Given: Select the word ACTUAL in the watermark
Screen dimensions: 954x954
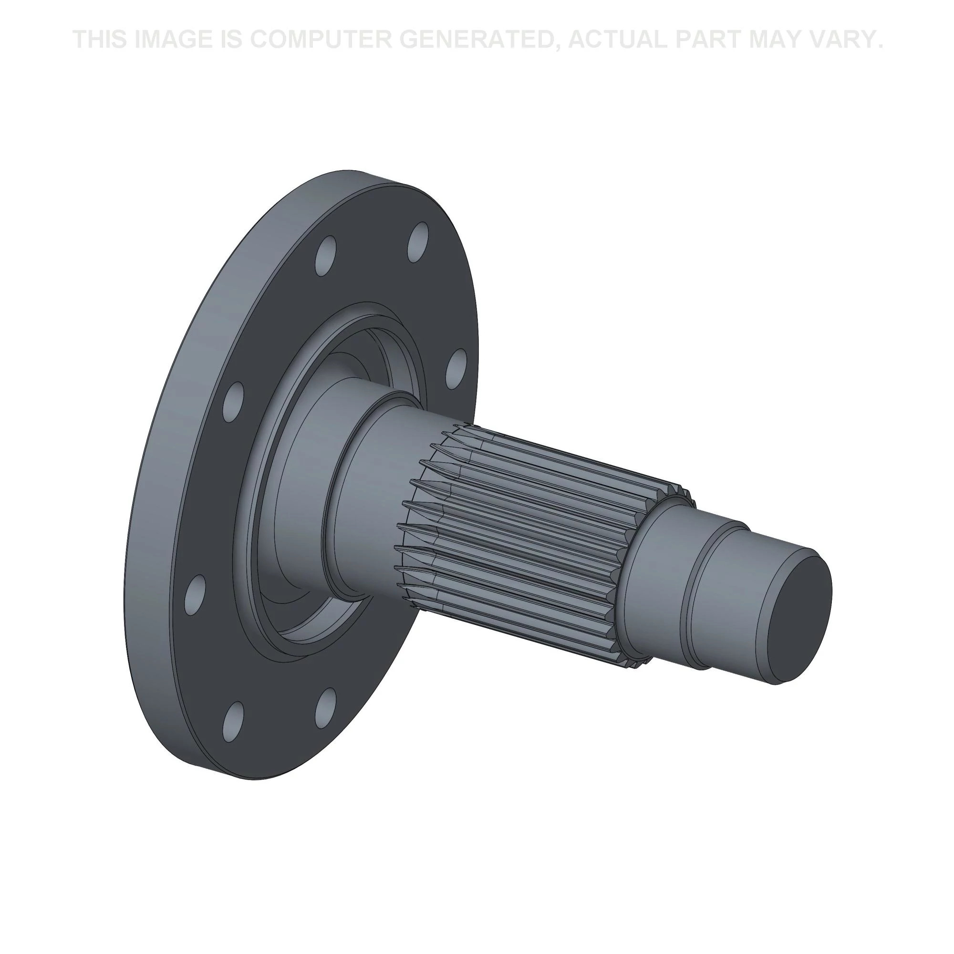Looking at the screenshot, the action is pyautogui.click(x=618, y=39).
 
